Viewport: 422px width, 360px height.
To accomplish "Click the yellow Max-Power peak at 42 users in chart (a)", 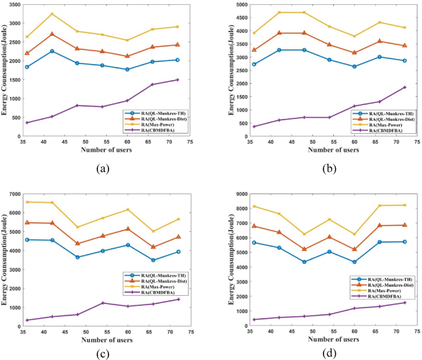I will pos(52,14).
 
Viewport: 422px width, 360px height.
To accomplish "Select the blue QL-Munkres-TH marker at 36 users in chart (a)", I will pos(27,67).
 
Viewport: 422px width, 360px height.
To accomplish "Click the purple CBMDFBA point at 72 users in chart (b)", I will pos(404,87).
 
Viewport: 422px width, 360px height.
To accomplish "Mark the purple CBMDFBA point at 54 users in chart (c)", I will pos(103,303).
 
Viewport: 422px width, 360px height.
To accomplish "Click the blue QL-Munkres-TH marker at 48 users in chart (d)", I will pos(304,262).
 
